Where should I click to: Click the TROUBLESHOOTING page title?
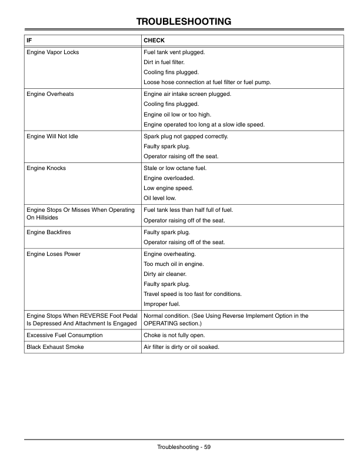(183, 22)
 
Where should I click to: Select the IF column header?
(29, 41)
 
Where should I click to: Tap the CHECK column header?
(154, 41)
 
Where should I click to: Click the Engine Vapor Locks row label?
(53, 52)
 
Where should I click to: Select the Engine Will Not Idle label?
(52, 136)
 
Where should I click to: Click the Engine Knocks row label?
(46, 168)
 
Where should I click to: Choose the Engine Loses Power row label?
(54, 254)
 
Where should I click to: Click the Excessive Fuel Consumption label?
(65, 335)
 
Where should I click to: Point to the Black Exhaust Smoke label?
(55, 347)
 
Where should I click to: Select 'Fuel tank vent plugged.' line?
(174, 52)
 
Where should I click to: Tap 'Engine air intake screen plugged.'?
(188, 94)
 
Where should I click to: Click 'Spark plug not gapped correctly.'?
(186, 136)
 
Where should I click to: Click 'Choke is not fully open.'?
(174, 335)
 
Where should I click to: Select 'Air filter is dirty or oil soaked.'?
(181, 347)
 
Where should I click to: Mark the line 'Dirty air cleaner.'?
(165, 274)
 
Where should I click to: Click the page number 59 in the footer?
(207, 447)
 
